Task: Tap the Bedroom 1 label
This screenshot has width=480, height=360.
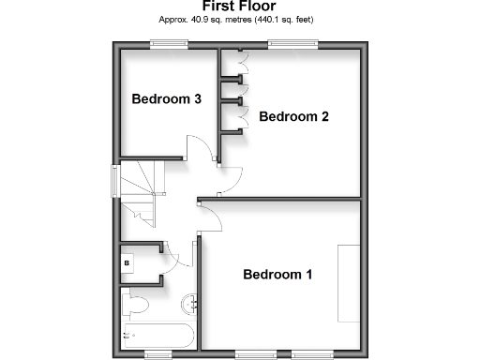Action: click(x=278, y=275)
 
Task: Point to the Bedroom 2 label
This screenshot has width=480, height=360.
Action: click(x=293, y=117)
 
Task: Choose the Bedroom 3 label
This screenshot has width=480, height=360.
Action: click(x=167, y=98)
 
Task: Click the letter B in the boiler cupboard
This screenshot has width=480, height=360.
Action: click(x=127, y=264)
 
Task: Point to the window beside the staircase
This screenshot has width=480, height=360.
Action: click(x=116, y=180)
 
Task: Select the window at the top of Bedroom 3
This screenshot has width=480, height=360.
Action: click(x=170, y=43)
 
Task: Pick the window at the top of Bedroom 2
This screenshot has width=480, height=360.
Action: click(x=292, y=43)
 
